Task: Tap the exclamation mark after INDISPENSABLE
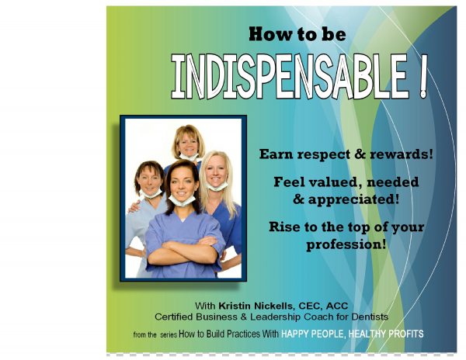click(x=423, y=77)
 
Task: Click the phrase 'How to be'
click(x=297, y=34)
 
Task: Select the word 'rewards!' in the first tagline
click(x=402, y=154)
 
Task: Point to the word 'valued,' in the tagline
click(x=336, y=182)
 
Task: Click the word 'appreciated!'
click(x=353, y=199)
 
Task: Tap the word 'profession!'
click(x=346, y=244)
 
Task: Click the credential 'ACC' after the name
click(x=337, y=306)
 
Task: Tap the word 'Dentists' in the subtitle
click(x=370, y=317)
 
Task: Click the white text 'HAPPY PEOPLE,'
click(x=314, y=334)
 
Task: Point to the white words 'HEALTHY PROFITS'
click(x=386, y=334)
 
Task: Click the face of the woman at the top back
click(x=188, y=144)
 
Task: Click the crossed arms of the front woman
click(x=183, y=251)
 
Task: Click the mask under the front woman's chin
click(x=182, y=201)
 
